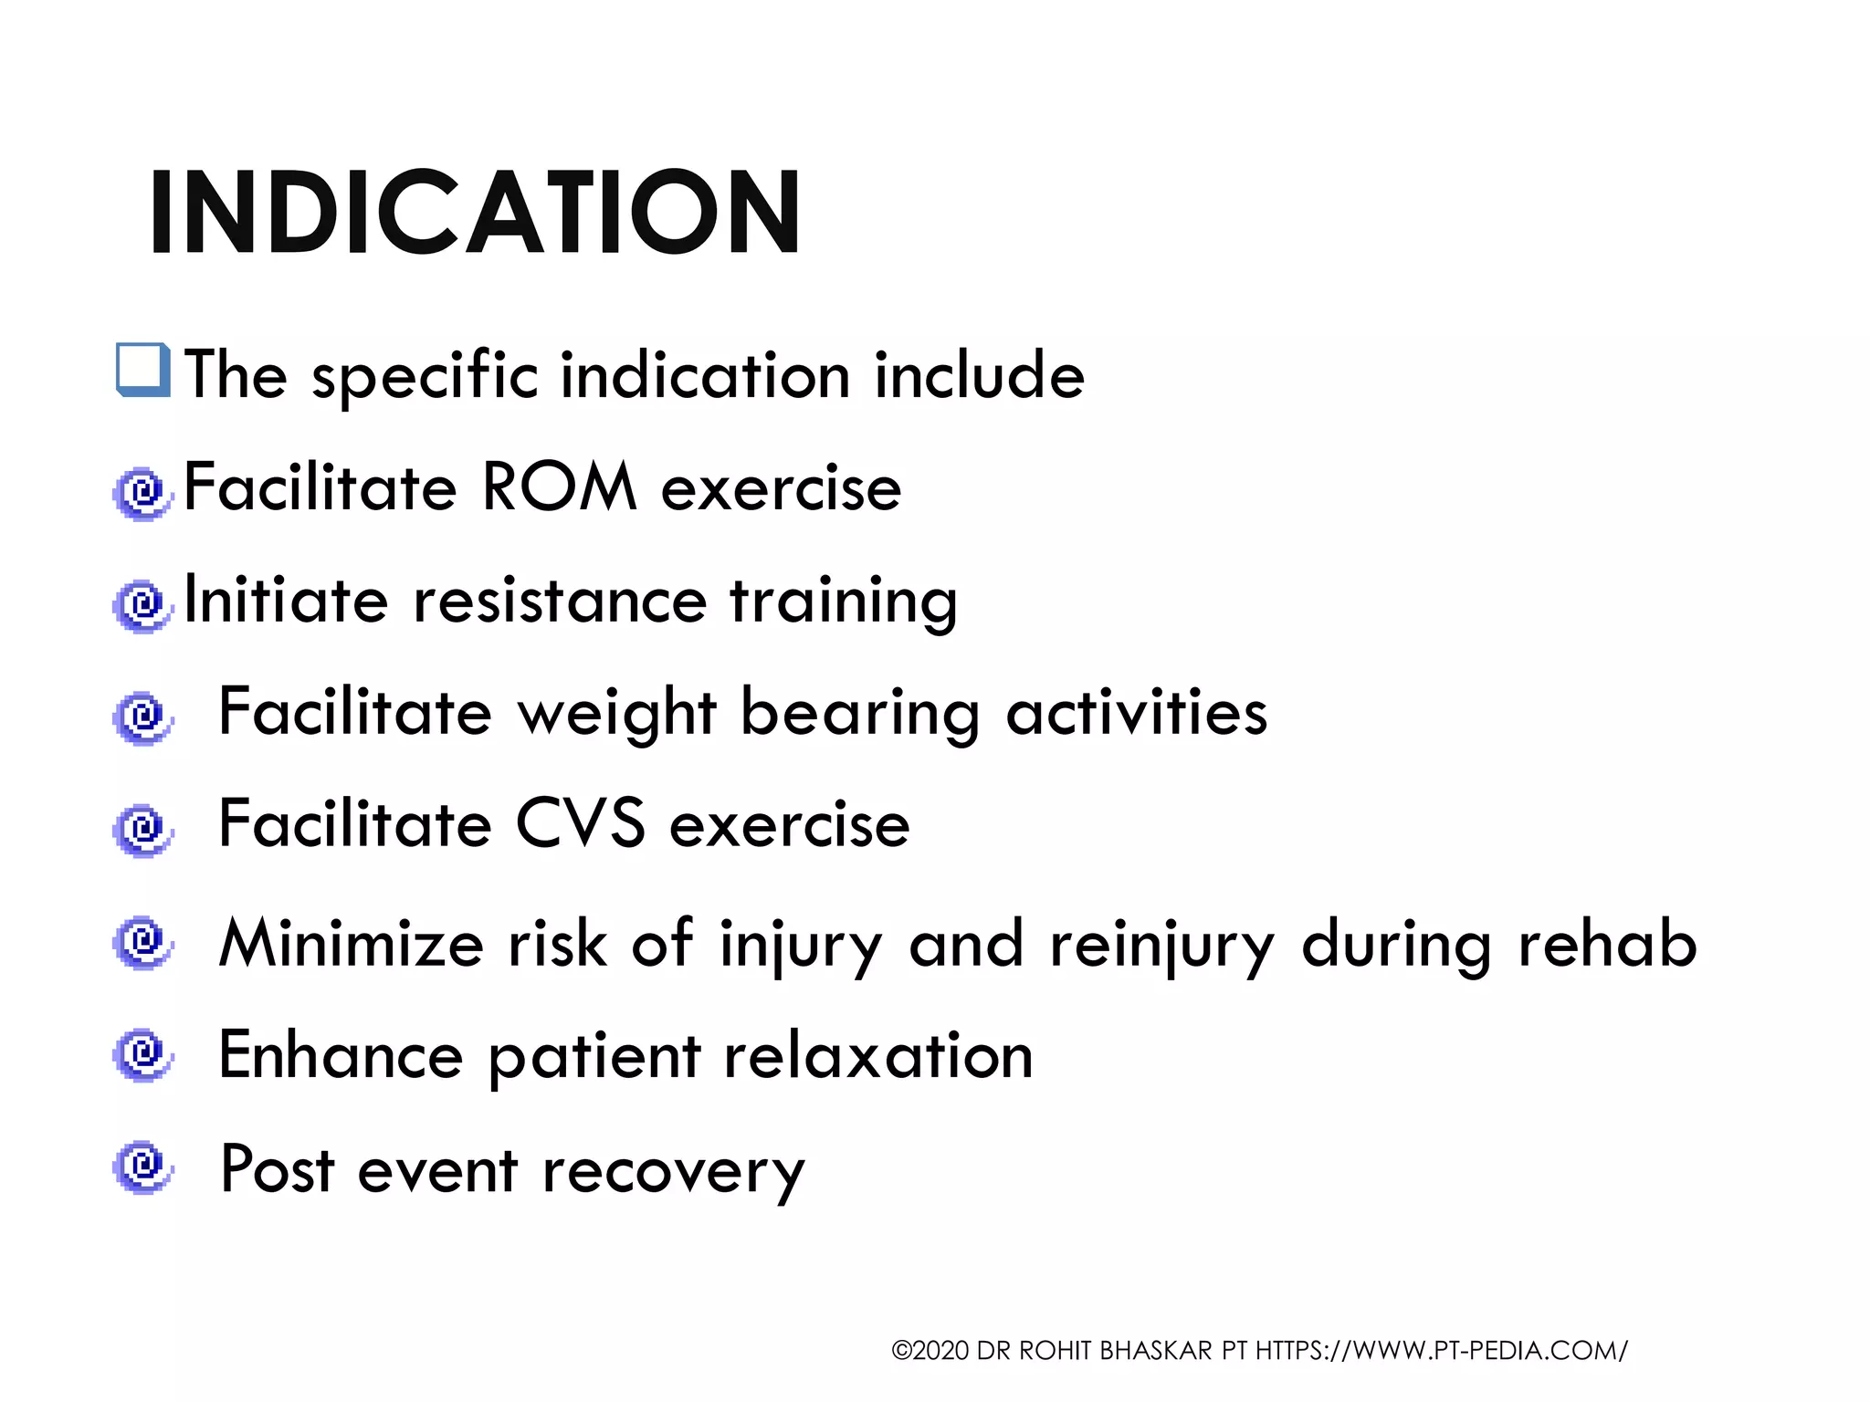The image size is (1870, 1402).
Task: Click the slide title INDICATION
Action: click(x=475, y=212)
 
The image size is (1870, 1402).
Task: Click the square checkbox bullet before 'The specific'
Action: click(x=143, y=370)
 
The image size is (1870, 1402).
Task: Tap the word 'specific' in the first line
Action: click(x=425, y=376)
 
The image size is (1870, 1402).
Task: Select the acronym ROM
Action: click(x=558, y=487)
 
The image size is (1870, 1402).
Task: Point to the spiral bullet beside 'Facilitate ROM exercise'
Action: click(x=142, y=494)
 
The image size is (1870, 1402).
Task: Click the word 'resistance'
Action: click(x=560, y=602)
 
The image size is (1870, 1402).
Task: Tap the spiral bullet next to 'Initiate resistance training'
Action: click(x=142, y=605)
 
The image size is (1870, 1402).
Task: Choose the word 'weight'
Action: click(x=617, y=714)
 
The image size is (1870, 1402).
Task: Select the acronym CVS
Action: click(x=581, y=824)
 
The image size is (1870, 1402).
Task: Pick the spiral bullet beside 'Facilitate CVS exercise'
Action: click(x=142, y=829)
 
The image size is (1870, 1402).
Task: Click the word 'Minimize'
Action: click(x=352, y=944)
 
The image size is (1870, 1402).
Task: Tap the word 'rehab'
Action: click(x=1607, y=944)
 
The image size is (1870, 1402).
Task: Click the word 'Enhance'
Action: click(x=341, y=1056)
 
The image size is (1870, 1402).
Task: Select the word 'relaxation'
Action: click(x=877, y=1056)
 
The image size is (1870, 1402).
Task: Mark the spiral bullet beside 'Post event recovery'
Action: click(x=142, y=1166)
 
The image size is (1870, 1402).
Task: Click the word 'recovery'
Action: click(x=673, y=1172)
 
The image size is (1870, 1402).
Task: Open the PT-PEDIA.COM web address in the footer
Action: click(x=1441, y=1350)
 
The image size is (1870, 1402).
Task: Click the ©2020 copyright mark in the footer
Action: click(x=930, y=1350)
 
